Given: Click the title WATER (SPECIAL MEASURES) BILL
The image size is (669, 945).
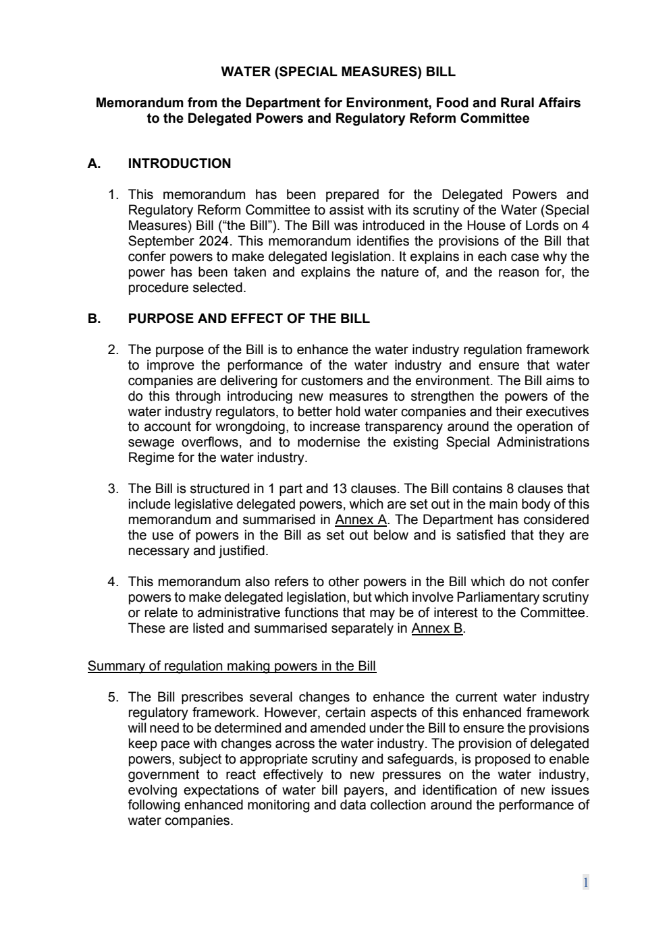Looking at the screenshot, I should click(338, 71).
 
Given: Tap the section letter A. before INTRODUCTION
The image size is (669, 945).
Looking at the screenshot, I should click(94, 164).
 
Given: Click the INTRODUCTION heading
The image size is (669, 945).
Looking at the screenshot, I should click(179, 164).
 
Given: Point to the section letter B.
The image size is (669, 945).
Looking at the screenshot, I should click(94, 319).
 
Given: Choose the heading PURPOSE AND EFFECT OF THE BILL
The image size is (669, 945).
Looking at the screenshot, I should click(248, 319).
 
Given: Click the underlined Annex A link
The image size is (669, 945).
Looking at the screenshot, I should click(360, 520).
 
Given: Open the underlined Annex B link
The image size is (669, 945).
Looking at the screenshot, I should click(437, 629).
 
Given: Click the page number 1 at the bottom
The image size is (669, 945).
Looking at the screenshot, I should click(585, 883).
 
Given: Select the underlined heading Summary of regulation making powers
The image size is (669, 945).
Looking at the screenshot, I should click(232, 666).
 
